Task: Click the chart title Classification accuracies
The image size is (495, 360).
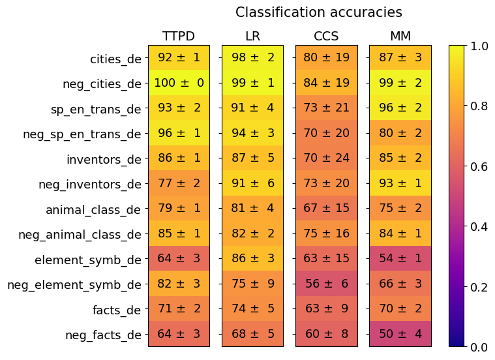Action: click(x=318, y=12)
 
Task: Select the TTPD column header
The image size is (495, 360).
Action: click(x=179, y=36)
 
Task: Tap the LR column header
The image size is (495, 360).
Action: click(x=252, y=36)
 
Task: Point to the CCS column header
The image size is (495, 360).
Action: click(x=326, y=36)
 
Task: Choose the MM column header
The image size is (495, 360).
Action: click(x=400, y=36)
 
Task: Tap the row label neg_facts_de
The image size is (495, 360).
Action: click(x=103, y=335)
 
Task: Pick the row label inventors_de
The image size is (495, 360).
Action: click(x=104, y=159)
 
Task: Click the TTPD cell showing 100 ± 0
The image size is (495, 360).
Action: click(x=179, y=83)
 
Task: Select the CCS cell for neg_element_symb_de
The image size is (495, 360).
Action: click(x=326, y=284)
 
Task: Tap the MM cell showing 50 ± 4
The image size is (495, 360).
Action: click(x=400, y=334)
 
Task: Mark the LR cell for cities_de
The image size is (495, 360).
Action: click(x=252, y=58)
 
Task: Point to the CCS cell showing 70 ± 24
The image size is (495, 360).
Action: click(x=326, y=158)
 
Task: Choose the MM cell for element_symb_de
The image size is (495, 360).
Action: click(x=400, y=258)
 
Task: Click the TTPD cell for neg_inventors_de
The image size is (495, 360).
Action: click(x=179, y=183)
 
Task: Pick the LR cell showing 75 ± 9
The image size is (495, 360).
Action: click(x=252, y=284)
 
